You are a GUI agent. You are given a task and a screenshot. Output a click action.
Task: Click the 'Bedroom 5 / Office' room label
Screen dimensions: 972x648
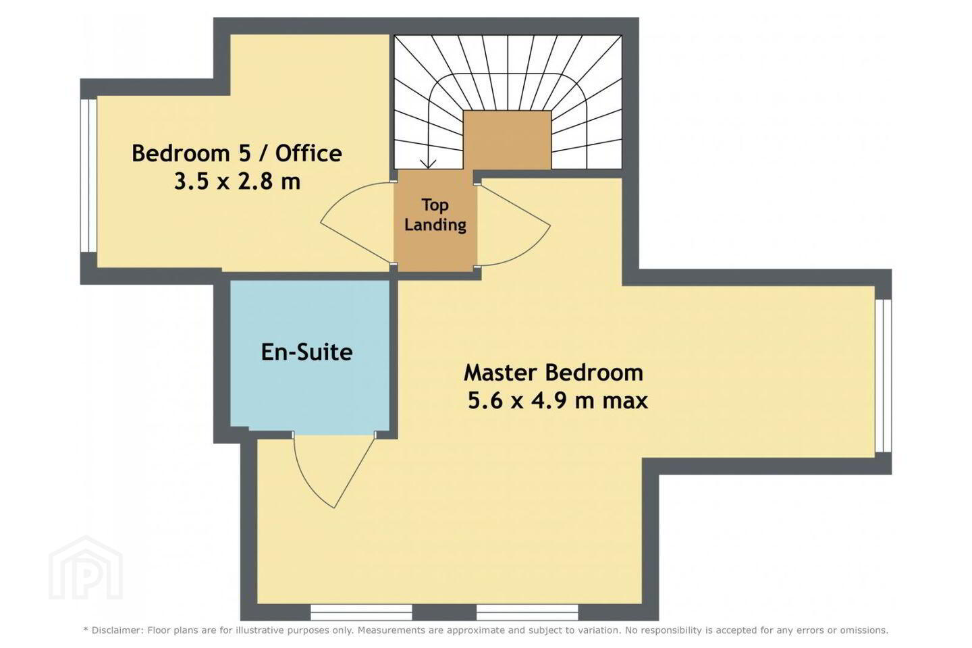(237, 154)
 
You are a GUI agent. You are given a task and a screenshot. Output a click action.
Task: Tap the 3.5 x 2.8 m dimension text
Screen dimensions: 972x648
(238, 182)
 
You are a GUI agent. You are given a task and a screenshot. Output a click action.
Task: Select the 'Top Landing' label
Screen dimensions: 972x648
(435, 215)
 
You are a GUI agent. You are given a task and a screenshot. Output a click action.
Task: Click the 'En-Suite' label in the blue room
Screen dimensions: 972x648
(306, 352)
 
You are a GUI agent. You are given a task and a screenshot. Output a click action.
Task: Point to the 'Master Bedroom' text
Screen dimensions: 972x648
(553, 373)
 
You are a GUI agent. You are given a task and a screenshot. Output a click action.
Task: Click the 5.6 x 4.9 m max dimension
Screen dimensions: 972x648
(558, 400)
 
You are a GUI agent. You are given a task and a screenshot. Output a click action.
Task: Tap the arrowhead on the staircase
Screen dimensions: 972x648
(428, 163)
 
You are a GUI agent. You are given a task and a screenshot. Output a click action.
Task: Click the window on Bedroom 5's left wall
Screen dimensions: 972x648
(88, 175)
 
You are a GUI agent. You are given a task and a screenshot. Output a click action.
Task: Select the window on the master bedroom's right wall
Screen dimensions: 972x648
(883, 376)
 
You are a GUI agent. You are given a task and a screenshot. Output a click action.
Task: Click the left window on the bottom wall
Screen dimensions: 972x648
(361, 612)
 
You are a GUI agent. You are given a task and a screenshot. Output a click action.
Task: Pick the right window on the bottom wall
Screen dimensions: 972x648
(527, 612)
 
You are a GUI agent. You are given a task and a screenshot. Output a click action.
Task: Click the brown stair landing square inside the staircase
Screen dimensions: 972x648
(508, 140)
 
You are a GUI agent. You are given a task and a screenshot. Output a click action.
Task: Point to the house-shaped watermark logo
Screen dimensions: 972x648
(86, 568)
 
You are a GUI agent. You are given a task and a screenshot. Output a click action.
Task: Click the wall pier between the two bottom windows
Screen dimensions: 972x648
(444, 612)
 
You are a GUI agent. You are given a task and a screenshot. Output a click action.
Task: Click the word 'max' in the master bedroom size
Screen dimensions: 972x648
(625, 401)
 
